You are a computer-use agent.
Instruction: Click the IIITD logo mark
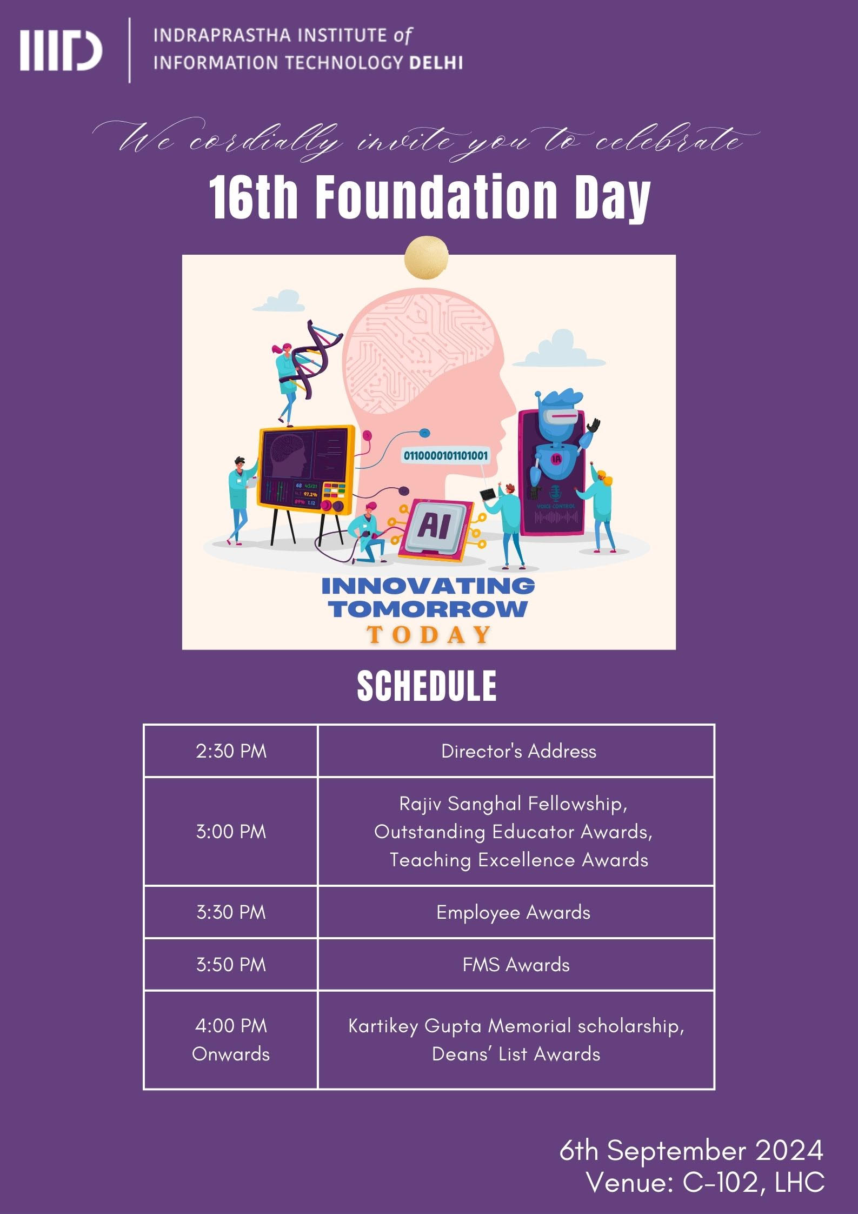(61, 51)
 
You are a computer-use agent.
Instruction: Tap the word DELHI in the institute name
(436, 63)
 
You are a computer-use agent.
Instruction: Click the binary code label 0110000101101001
(445, 456)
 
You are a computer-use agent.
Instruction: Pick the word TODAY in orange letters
(429, 634)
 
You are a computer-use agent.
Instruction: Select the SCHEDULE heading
(427, 686)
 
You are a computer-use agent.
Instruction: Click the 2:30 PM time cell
(231, 751)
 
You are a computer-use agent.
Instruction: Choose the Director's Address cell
(516, 751)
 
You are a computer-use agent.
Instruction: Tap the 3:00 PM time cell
(231, 832)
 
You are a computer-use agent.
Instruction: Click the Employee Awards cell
(516, 912)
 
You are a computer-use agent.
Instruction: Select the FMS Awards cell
(516, 965)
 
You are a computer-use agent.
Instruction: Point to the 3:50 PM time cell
(231, 965)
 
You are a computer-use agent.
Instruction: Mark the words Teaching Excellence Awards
(519, 860)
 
